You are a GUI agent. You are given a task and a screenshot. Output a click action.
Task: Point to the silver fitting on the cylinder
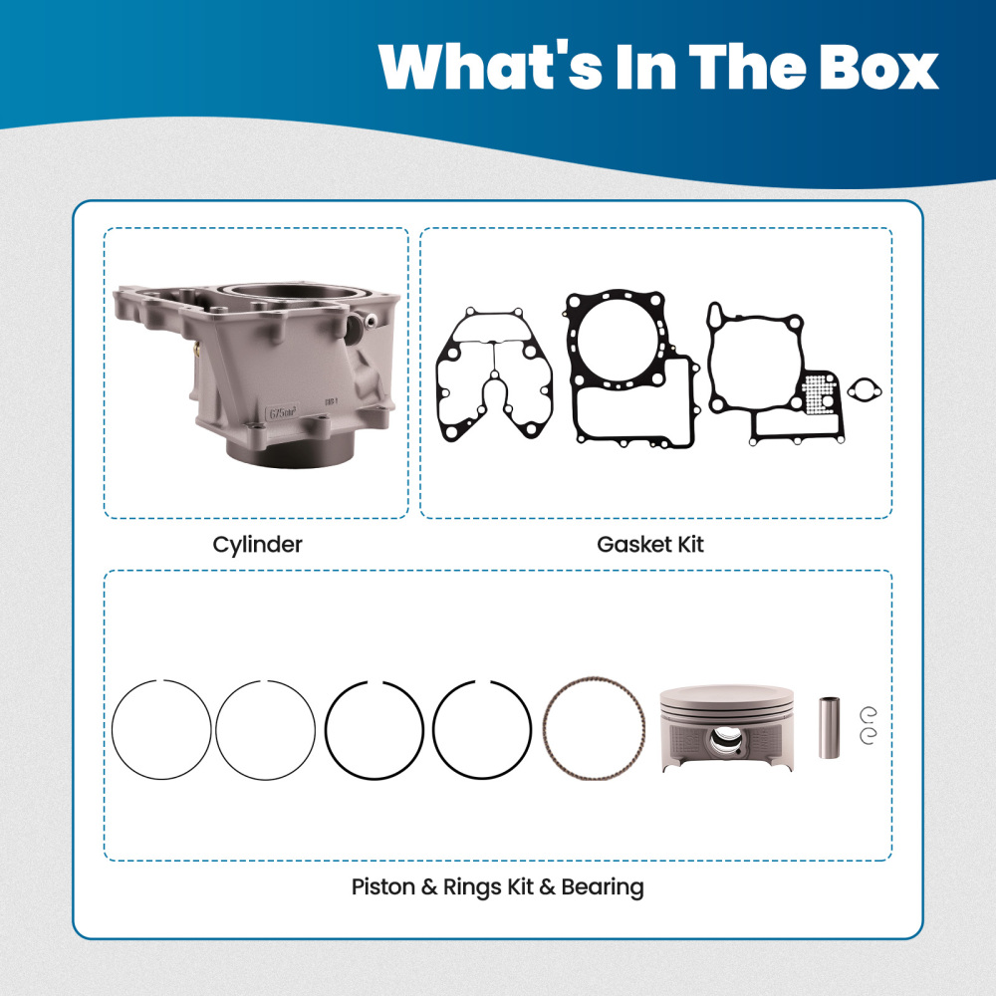pos(369,321)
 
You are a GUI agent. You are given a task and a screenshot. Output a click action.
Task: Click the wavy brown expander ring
pos(592,729)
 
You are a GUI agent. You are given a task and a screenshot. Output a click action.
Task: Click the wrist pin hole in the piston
pos(726,742)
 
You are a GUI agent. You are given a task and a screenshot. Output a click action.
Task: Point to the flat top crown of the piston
pos(727,694)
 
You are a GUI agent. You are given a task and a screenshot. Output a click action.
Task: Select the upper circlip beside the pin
pos(868,712)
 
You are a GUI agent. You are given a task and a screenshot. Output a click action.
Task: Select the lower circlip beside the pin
pos(868,737)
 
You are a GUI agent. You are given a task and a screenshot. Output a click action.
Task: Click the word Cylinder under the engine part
pos(257,545)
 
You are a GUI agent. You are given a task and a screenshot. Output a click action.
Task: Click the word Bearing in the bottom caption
pos(602,886)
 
